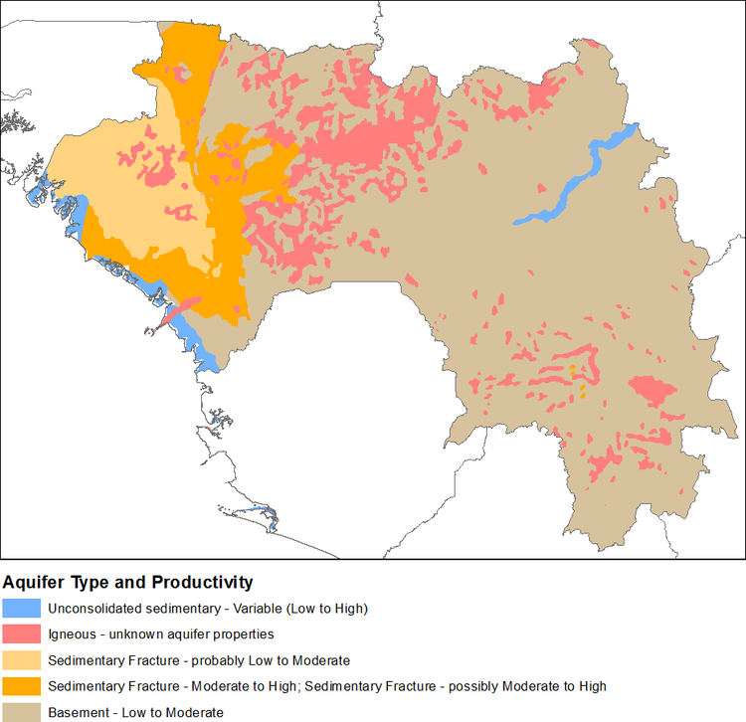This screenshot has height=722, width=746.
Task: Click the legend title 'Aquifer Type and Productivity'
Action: pyautogui.click(x=128, y=582)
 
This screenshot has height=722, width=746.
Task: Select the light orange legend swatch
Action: pyautogui.click(x=22, y=660)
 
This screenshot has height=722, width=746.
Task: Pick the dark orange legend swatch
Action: pyautogui.click(x=22, y=686)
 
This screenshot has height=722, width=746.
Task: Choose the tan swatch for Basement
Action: pyautogui.click(x=22, y=712)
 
